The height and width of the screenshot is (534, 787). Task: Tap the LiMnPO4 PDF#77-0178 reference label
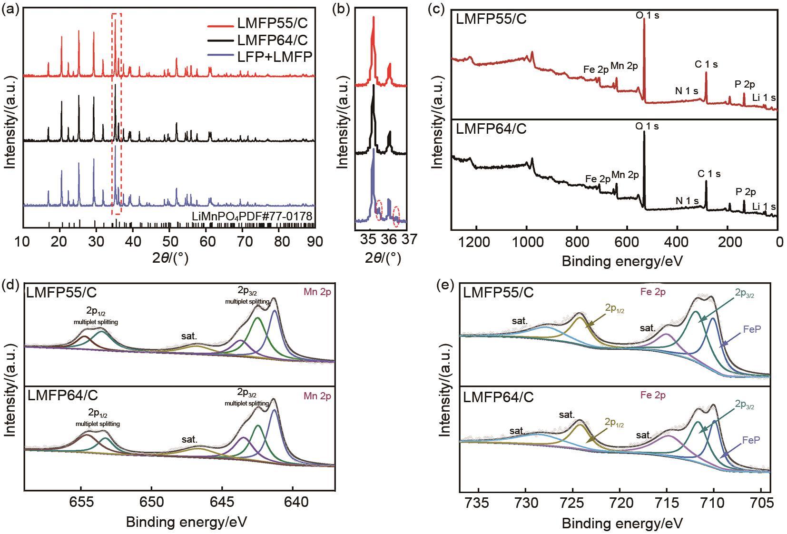(252, 217)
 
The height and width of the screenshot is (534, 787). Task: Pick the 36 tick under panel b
(389, 239)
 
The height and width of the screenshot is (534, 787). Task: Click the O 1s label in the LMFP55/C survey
(648, 15)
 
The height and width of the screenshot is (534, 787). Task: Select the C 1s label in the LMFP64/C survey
(709, 174)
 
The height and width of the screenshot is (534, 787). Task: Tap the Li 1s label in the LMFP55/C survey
(764, 98)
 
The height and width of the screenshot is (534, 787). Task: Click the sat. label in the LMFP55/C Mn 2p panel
(189, 336)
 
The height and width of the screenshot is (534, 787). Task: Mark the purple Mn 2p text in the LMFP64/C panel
(318, 396)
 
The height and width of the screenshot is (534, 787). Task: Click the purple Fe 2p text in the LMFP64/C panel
(653, 395)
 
